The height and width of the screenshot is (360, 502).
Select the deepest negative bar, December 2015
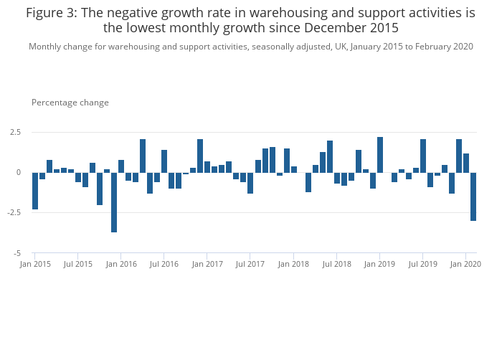[114, 202]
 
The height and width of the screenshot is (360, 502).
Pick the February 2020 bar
[473, 196]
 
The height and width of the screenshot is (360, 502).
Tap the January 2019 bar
[380, 155]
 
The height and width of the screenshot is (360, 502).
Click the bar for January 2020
[466, 164]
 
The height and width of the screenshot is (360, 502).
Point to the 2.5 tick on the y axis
[16, 133]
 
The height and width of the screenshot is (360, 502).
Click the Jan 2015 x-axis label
[35, 264]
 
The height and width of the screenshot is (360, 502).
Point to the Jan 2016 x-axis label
[121, 264]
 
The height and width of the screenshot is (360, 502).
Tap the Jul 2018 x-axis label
[336, 264]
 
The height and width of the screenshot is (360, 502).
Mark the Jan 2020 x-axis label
[466, 264]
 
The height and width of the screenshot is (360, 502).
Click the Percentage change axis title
[70, 103]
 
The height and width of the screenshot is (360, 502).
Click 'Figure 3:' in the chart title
[52, 13]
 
